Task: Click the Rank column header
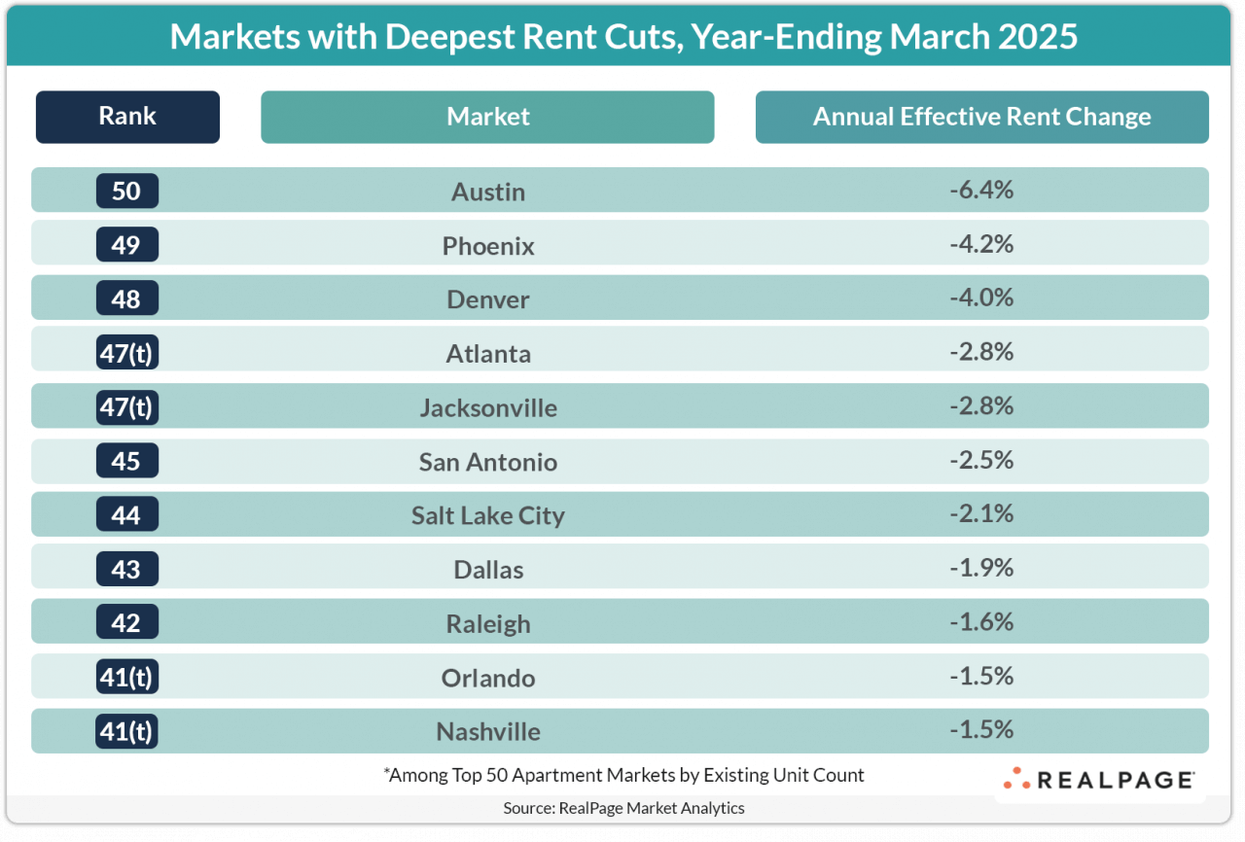(127, 117)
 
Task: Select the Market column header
(487, 117)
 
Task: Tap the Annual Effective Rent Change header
(981, 117)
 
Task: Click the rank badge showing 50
(126, 191)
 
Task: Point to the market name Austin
(488, 192)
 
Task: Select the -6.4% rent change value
(981, 190)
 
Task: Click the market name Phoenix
(488, 246)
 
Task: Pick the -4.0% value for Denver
(981, 298)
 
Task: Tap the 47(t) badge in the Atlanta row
(126, 353)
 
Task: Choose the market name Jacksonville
(488, 407)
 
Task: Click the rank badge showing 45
(126, 461)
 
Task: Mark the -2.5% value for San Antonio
(981, 459)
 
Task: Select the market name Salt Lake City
(488, 515)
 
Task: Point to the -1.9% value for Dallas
(981, 567)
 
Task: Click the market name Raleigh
(488, 623)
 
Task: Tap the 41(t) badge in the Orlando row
(126, 677)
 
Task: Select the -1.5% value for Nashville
(981, 729)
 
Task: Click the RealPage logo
(1099, 780)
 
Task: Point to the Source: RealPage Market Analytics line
(623, 808)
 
